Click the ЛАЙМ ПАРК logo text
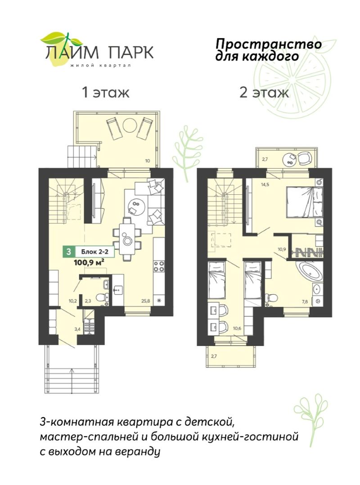[x=99, y=52]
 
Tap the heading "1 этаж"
[x=105, y=92]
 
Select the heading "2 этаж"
[x=264, y=92]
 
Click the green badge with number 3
[x=68, y=252]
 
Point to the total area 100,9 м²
[x=89, y=262]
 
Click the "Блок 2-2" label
[x=94, y=252]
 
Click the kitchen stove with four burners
[x=159, y=267]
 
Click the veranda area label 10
[x=148, y=161]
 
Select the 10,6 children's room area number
[x=237, y=328]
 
